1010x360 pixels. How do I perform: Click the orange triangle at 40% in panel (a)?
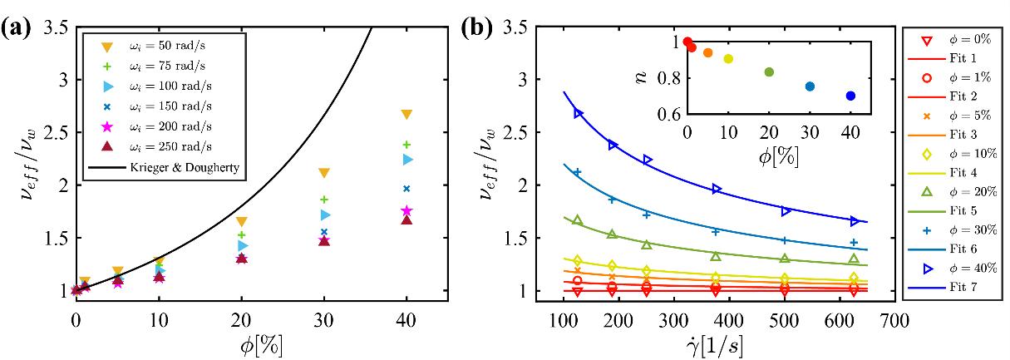point(406,115)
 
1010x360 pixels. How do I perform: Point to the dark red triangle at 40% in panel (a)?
point(406,219)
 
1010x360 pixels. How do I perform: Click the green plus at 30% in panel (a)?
point(324,200)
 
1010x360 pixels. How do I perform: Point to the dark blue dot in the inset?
point(850,96)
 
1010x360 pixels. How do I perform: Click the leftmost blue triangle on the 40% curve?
point(579,114)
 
